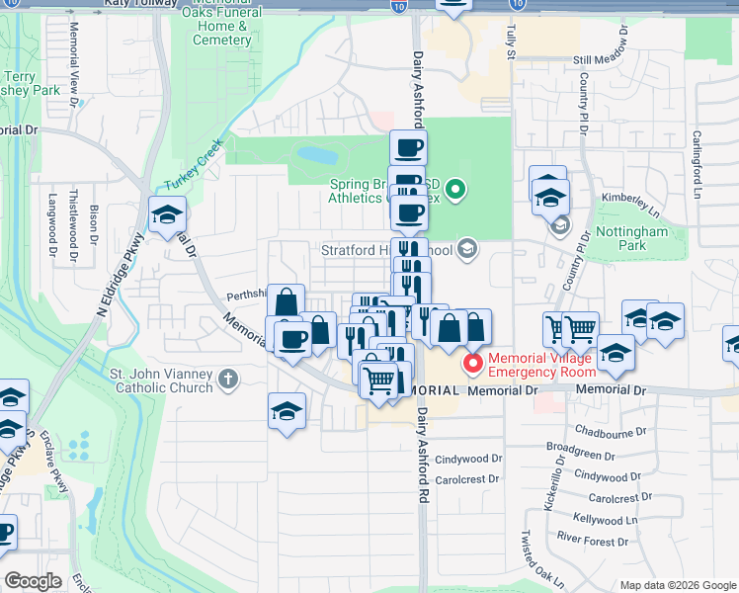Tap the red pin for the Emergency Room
click(473, 364)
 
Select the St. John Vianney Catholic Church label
click(161, 381)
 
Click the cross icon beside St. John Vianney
click(228, 379)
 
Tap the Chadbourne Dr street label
click(610, 432)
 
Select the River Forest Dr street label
click(592, 540)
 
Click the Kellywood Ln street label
click(611, 520)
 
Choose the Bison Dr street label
click(94, 223)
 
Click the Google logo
click(33, 581)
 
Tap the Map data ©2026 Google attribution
click(677, 585)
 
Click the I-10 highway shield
click(397, 7)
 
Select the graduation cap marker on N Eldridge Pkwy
click(168, 214)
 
